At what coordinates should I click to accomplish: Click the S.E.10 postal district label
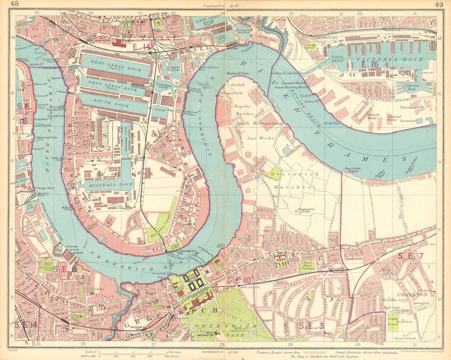point(238,281)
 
